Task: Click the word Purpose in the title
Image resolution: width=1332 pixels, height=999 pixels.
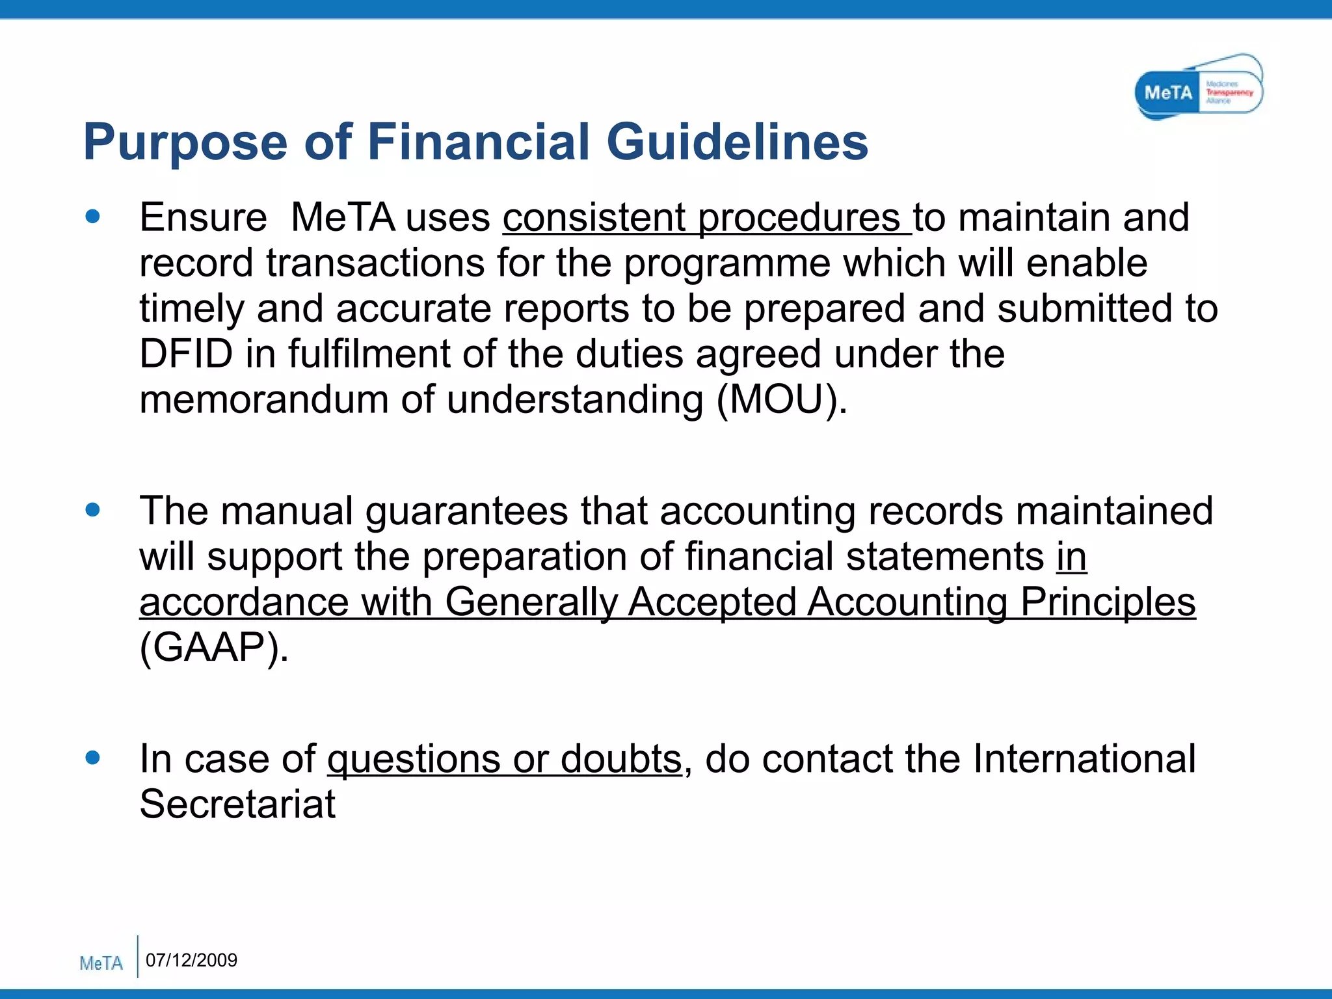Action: click(185, 142)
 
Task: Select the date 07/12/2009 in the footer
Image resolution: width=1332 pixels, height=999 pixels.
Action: click(191, 960)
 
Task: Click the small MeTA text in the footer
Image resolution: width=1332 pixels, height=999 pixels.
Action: click(101, 963)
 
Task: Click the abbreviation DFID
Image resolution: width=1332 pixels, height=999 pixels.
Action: click(186, 354)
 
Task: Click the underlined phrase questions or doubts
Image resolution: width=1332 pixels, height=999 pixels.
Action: click(504, 759)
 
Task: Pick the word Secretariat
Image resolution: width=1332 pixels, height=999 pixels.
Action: click(237, 805)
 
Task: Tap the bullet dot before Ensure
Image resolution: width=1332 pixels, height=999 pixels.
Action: click(93, 217)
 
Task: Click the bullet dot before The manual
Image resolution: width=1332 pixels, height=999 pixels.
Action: click(93, 510)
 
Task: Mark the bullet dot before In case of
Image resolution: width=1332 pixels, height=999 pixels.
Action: click(93, 757)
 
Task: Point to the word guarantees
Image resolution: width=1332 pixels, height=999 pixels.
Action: click(466, 511)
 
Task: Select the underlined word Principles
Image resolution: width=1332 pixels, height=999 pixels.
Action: click(1108, 602)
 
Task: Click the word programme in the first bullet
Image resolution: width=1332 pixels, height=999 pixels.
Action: click(726, 264)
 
